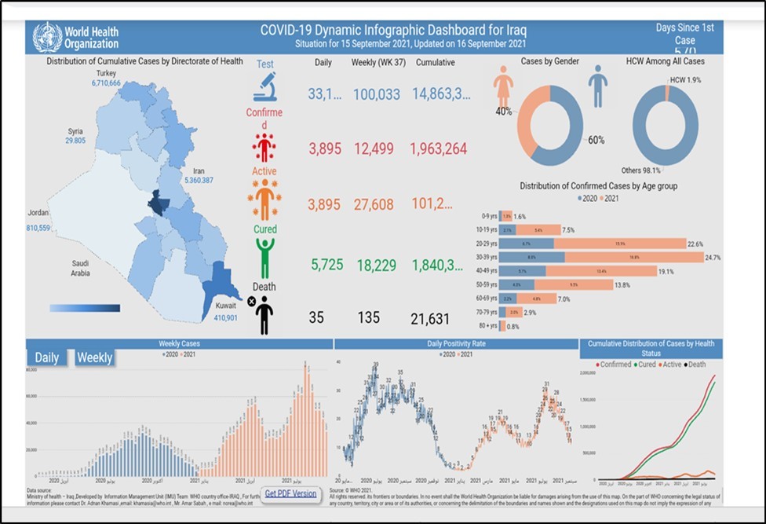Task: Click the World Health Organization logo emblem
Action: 47,37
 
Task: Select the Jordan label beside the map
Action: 38,213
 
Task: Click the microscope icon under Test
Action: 264,87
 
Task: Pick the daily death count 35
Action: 316,318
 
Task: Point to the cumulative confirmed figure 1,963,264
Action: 439,149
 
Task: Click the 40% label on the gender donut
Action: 503,112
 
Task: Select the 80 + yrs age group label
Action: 491,326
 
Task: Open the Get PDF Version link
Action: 290,494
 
